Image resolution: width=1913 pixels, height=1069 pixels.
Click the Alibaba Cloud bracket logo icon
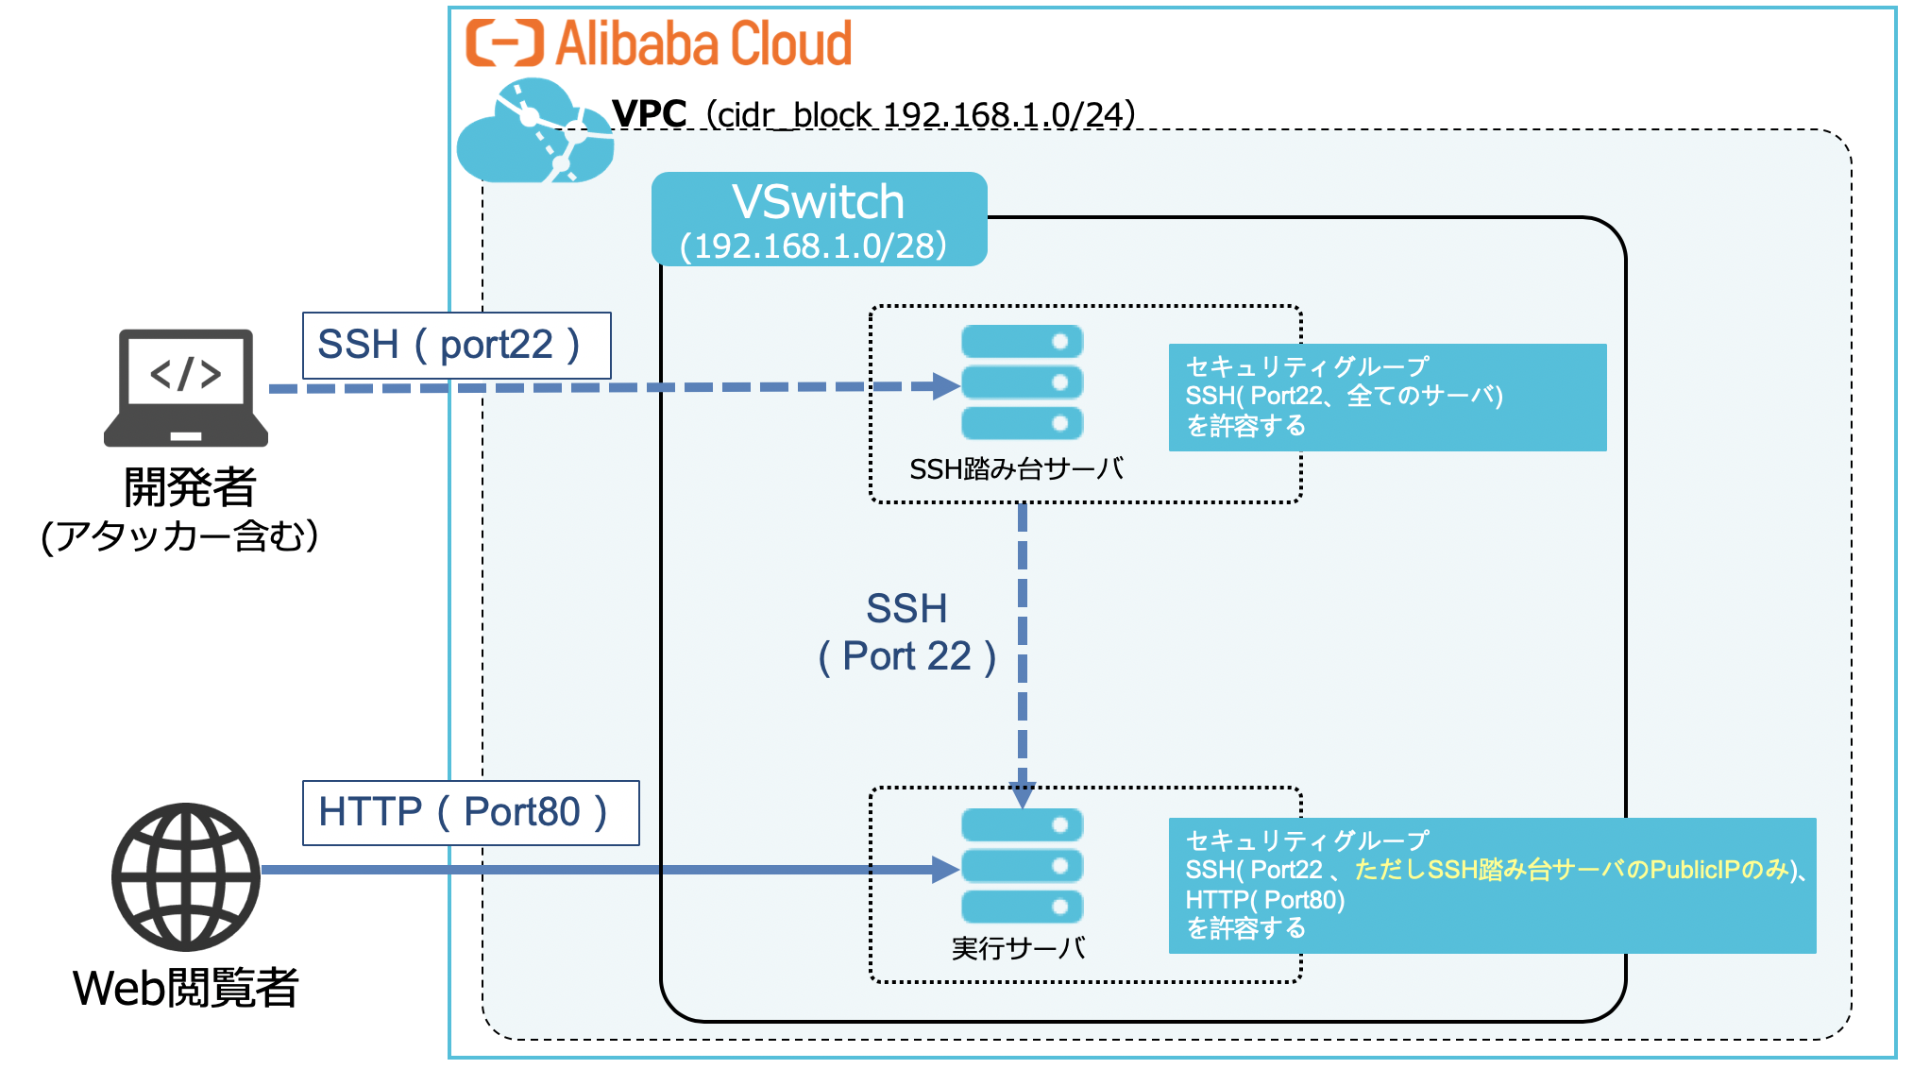(504, 43)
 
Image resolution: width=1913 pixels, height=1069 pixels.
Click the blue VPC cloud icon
(534, 132)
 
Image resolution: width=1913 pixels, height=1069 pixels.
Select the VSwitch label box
(819, 219)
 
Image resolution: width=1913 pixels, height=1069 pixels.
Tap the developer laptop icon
(186, 387)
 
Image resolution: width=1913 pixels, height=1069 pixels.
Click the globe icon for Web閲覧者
(186, 876)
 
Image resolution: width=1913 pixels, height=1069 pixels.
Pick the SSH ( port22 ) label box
(456, 345)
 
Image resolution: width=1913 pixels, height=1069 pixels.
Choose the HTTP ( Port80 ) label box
(470, 812)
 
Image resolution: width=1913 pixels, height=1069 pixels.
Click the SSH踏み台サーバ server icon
(1022, 382)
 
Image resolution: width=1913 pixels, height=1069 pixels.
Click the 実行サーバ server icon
(1022, 866)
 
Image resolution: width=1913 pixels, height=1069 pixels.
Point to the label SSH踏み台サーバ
(1016, 469)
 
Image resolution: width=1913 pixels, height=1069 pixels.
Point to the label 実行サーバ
(1018, 947)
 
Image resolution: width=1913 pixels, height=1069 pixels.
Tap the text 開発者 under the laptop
(190, 487)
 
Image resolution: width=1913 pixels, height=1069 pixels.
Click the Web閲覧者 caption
(186, 988)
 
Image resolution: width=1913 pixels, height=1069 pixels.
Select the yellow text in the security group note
(1572, 870)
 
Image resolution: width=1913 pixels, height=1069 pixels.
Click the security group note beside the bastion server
(1386, 397)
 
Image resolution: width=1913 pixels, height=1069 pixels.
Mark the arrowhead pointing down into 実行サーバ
(1023, 795)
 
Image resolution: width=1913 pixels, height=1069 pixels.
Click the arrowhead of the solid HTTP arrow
(945, 870)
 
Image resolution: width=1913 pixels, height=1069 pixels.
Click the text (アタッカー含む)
(179, 536)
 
